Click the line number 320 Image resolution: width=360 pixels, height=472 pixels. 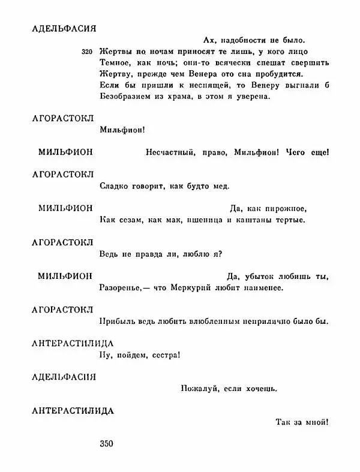pyautogui.click(x=87, y=52)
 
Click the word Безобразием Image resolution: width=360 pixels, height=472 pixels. pyautogui.click(x=123, y=97)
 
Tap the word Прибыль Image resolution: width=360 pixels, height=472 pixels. pyautogui.click(x=115, y=321)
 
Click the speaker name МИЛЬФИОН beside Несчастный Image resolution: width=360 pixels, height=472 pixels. pyautogui.click(x=65, y=152)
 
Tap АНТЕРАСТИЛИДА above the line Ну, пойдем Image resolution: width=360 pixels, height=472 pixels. pyautogui.click(x=72, y=343)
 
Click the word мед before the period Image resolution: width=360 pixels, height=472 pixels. pyautogui.click(x=221, y=187)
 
